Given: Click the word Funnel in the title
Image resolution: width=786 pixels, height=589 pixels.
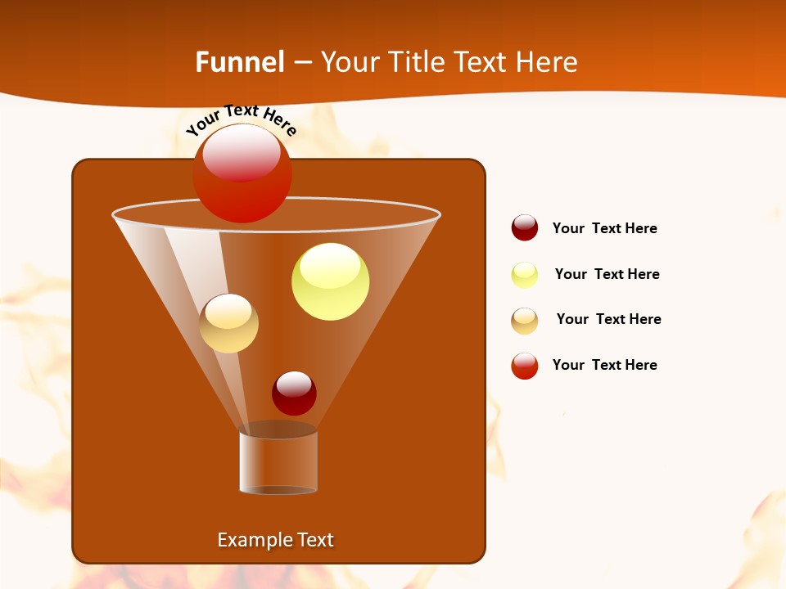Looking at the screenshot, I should [239, 62].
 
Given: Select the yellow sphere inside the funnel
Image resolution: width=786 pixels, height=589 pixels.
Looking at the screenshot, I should [330, 281].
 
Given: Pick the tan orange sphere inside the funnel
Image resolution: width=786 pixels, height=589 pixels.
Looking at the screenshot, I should [228, 323].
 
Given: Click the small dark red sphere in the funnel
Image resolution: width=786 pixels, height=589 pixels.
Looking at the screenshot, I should [294, 393].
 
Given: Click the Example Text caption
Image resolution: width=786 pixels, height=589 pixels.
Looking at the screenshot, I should [275, 540].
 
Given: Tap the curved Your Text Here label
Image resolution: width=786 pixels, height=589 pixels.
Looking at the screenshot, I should [241, 119].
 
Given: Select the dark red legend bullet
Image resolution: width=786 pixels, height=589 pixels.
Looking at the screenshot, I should [525, 227].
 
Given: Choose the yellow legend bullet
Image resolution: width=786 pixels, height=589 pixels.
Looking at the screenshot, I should [525, 275].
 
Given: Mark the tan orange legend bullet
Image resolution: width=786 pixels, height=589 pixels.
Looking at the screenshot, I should [525, 321].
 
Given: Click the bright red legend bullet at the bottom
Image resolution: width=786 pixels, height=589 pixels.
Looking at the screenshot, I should [525, 366].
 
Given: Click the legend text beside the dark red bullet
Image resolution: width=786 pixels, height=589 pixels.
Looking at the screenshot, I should [604, 228].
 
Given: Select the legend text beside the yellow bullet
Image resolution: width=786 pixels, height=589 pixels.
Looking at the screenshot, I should [607, 274].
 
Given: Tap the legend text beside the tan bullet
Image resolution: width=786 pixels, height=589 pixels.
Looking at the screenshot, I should [608, 319].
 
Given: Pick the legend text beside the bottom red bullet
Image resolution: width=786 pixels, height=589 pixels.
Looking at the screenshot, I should [604, 365].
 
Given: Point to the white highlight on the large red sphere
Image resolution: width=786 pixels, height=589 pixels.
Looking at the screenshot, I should [242, 153].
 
